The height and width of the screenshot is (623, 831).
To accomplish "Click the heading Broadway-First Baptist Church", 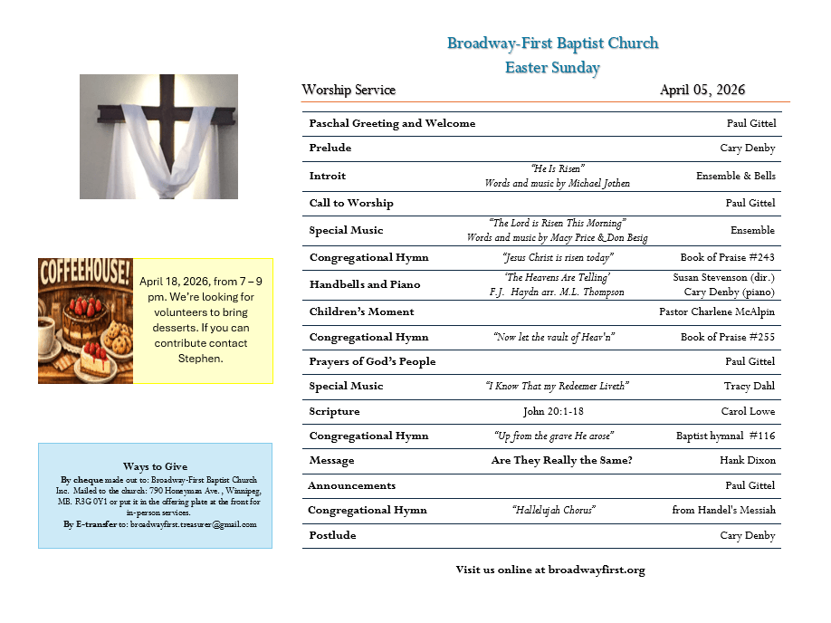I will [552, 43].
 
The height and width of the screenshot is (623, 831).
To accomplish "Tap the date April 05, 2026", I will [702, 90].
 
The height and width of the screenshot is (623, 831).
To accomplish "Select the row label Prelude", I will [330, 148].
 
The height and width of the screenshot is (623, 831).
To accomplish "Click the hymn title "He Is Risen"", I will [557, 168].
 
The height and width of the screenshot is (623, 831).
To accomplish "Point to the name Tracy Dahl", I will [750, 386].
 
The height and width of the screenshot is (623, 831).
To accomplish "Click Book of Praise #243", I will [728, 257].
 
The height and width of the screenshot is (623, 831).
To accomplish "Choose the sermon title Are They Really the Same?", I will [561, 460].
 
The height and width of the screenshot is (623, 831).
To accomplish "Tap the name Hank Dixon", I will [748, 460].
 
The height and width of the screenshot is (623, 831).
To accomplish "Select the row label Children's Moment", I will [361, 311].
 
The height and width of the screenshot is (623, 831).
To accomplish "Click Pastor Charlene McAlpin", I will [717, 311].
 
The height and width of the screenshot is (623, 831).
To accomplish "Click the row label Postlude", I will [332, 535].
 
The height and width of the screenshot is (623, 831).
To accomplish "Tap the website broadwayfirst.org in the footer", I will [597, 570].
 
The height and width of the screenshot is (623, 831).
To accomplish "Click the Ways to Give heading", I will [155, 466].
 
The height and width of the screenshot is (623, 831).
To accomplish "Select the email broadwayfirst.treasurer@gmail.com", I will [193, 524].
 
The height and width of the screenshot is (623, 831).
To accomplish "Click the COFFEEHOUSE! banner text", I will [85, 271].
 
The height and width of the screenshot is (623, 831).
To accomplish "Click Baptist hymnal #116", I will [725, 436].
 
